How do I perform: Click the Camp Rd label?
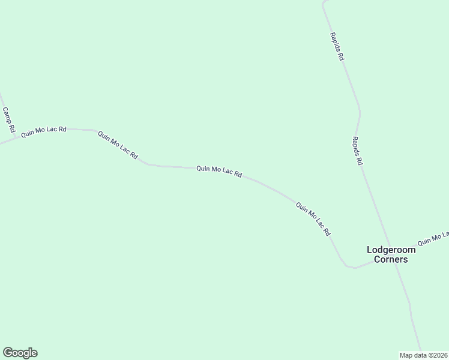(x=8, y=120)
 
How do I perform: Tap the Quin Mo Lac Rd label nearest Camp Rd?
(x=43, y=132)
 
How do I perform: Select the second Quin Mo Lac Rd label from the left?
(x=118, y=146)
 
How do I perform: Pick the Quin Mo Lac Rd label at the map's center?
(x=219, y=172)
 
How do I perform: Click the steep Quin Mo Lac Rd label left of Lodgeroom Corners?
(x=313, y=218)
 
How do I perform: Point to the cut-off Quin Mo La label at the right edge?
(x=433, y=238)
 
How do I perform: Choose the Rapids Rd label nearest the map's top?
(x=336, y=46)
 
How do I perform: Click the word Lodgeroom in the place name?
(x=391, y=250)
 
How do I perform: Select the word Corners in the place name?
(x=391, y=260)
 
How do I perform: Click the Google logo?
(x=20, y=353)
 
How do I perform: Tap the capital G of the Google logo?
(x=7, y=353)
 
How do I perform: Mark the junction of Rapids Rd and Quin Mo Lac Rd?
(x=394, y=259)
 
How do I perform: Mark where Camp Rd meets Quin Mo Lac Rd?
(x=16, y=138)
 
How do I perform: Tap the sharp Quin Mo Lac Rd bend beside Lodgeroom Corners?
(x=346, y=265)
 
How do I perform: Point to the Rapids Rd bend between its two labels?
(x=359, y=112)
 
